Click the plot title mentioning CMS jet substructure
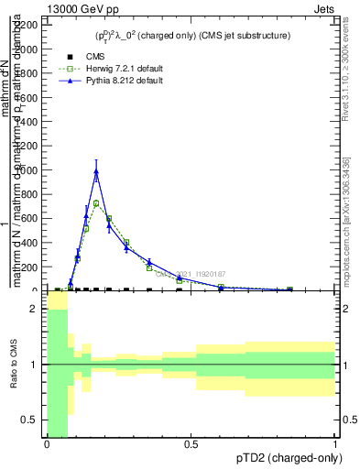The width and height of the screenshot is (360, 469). (x=193, y=36)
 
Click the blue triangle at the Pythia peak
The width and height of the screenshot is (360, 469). (x=96, y=171)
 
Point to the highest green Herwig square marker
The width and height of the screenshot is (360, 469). (x=96, y=203)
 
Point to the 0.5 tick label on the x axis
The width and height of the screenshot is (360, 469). (x=191, y=444)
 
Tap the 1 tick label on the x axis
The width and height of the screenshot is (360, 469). (x=335, y=444)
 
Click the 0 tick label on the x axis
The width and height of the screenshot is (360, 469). (x=46, y=444)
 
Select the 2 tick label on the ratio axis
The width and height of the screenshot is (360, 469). (x=34, y=310)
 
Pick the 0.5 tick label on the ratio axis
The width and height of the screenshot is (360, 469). (x=29, y=420)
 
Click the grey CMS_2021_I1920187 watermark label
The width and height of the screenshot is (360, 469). (x=190, y=273)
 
